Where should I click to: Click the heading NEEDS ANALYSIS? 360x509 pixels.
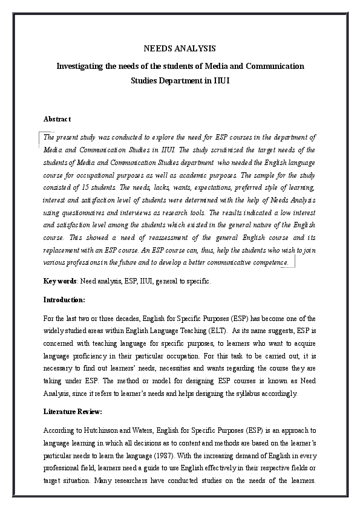[179, 48]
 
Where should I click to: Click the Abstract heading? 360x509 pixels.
[57, 118]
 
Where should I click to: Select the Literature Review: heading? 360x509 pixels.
[73, 412]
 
